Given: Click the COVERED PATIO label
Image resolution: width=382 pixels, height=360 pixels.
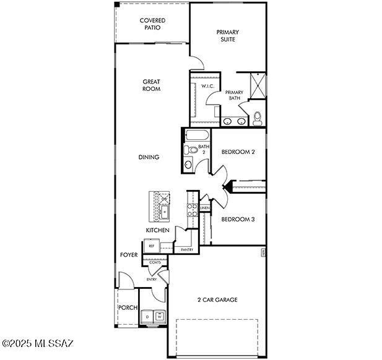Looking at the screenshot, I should click(x=152, y=24).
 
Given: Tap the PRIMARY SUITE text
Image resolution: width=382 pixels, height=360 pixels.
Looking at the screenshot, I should click(x=227, y=35).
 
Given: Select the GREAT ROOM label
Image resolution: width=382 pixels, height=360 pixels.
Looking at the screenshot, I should click(x=151, y=85).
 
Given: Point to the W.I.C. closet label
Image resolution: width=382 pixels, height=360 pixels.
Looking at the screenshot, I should click(x=207, y=86).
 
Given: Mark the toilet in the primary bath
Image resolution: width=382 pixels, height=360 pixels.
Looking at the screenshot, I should click(x=258, y=118).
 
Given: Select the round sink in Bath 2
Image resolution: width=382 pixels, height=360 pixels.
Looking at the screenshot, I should click(x=188, y=165).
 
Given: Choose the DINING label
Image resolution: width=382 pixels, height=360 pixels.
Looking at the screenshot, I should click(x=149, y=157).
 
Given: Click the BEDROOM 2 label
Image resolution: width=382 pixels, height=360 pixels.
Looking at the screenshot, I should click(x=238, y=152).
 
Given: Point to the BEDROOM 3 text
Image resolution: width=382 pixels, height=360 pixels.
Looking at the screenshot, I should click(x=238, y=219).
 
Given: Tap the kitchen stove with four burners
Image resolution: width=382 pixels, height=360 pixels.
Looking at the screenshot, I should click(x=192, y=209).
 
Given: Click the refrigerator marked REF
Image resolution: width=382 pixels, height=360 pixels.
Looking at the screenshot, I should click(x=151, y=246).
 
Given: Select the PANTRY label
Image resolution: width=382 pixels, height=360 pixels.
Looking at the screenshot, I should click(x=186, y=250).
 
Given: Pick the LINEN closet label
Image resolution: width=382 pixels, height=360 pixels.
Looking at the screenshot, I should click(x=205, y=208).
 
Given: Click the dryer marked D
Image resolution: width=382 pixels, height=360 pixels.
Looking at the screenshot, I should click(x=147, y=316).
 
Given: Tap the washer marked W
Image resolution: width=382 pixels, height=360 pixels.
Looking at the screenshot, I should click(x=159, y=316).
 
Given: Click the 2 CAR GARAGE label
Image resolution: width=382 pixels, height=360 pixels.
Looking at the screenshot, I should click(x=217, y=300).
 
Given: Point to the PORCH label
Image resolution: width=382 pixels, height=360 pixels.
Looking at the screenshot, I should click(x=128, y=307).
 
